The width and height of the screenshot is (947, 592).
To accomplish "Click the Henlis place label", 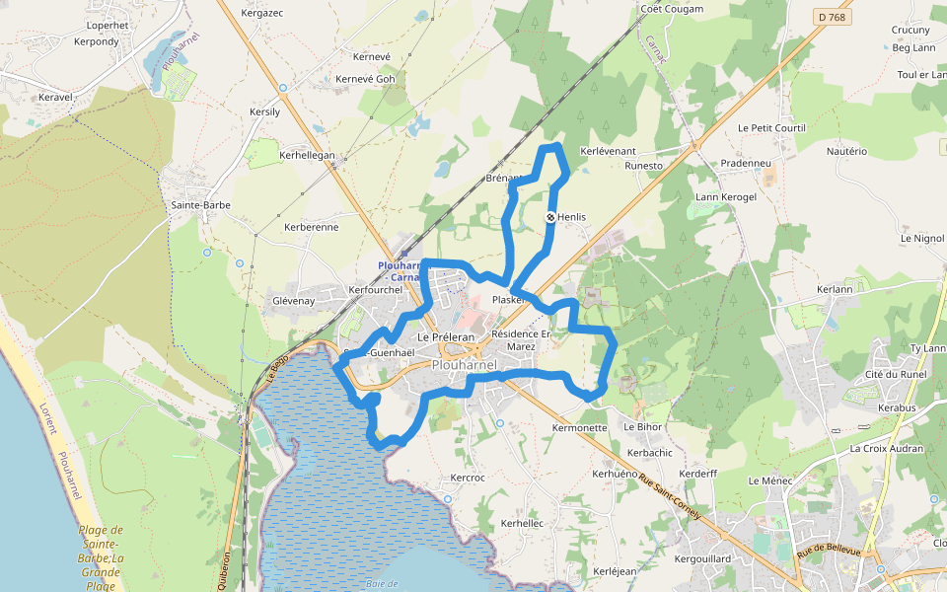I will point(572,217).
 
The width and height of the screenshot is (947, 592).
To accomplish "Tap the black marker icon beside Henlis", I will point(550,217).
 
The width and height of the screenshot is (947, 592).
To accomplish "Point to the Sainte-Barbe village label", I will point(201,205).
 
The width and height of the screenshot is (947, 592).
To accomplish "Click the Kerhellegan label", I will point(308,156).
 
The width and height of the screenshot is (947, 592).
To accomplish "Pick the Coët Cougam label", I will point(672,9).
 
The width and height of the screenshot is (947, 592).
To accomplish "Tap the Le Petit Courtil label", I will point(771,128).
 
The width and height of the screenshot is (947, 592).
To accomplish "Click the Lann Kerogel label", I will point(726,197).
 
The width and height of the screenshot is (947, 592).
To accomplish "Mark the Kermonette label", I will point(580,428).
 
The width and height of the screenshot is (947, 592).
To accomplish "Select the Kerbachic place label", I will point(650,452).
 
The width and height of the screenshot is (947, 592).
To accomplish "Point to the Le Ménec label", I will point(770,481).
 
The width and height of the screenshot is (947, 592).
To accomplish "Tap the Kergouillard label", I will point(702,558).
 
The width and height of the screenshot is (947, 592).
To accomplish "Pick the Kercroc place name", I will point(468,478).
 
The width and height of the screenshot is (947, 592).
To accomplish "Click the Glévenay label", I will point(293,300).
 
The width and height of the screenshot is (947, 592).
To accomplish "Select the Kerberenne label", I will point(311,227).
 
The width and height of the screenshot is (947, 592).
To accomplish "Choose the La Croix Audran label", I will point(887,448).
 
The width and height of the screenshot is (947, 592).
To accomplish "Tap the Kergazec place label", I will point(262,14).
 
